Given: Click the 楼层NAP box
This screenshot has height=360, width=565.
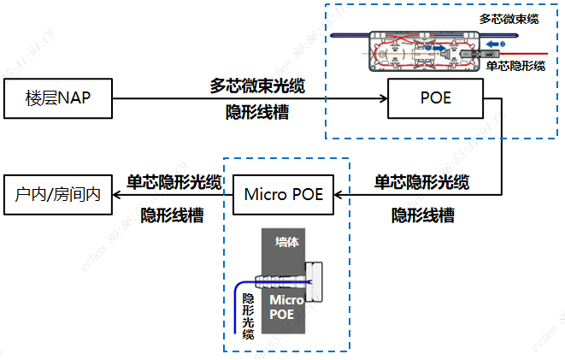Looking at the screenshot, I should point(57,98).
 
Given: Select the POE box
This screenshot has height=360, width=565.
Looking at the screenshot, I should point(435,98).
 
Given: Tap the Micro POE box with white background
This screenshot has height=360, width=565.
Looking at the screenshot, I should point(283,194).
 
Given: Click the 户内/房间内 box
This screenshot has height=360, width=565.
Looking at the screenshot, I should point(57,194).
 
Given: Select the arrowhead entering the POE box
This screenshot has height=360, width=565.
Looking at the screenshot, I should point(381,98).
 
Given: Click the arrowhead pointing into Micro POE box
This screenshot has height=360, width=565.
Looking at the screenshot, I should point(339,194).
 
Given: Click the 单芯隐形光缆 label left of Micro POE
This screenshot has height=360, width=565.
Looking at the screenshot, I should point(174,181).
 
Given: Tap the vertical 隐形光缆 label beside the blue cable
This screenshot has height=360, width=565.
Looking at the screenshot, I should point(248,316).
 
